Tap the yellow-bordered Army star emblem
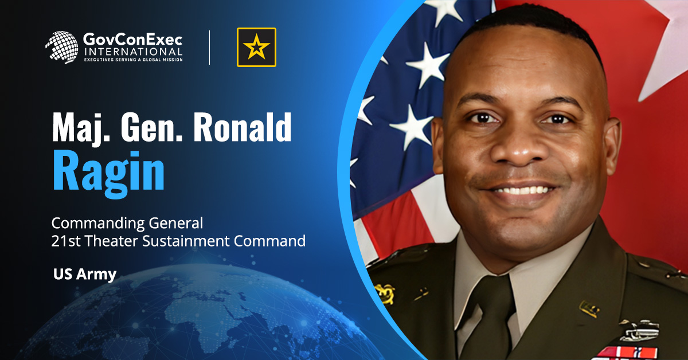tap(256, 47)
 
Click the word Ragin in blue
tap(109, 171)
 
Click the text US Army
tap(84, 274)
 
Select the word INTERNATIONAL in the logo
tap(133, 52)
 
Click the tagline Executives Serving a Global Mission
tap(133, 60)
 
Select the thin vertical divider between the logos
tap(209, 47)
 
